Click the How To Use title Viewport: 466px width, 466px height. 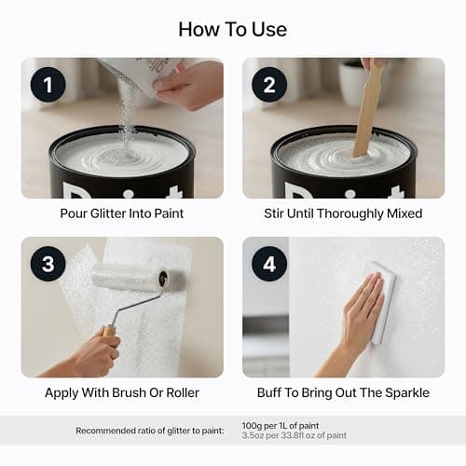pos(233,30)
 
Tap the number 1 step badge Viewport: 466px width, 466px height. pos(48,85)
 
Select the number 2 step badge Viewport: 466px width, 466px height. pos(269,85)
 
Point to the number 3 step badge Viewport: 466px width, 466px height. pos(48,264)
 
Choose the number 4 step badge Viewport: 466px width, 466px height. pos(269,264)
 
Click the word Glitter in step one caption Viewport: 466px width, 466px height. pos(107,213)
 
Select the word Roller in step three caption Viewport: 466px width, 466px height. pos(183,392)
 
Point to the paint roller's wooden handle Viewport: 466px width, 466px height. pos(110,334)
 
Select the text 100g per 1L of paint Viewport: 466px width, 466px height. pos(281,426)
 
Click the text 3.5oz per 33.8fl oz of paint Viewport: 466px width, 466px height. pos(294,435)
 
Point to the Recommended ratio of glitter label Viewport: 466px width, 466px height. pos(150,431)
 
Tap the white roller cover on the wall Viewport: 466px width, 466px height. pos(138,278)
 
